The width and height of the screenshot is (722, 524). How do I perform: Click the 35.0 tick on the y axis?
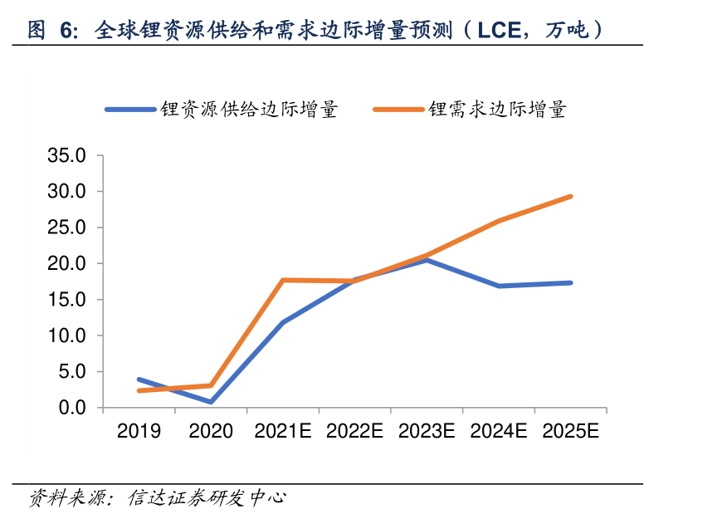(x=68, y=155)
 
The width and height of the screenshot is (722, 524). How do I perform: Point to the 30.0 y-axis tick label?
(x=68, y=192)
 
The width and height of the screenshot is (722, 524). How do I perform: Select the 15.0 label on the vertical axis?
(x=68, y=300)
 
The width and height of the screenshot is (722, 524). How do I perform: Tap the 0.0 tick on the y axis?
(x=73, y=408)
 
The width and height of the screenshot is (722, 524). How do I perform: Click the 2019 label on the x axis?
(x=139, y=431)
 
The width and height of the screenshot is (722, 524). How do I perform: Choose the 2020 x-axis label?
(x=211, y=431)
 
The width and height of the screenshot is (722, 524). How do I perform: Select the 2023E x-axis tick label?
(x=427, y=431)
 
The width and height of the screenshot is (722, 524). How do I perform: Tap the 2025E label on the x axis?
(x=570, y=431)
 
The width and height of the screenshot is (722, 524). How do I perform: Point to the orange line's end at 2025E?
(x=571, y=196)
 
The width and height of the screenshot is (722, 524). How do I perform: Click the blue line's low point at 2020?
(x=211, y=402)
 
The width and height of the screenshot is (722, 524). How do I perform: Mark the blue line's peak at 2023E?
(x=427, y=260)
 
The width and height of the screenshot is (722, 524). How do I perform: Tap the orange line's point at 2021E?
(x=283, y=280)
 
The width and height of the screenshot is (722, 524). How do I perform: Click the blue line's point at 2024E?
(x=499, y=286)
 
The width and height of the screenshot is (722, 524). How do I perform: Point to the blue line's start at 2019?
(x=139, y=380)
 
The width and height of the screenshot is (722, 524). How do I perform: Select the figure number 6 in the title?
(x=66, y=32)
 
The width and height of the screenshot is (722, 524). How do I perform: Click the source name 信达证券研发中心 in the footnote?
(x=207, y=498)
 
